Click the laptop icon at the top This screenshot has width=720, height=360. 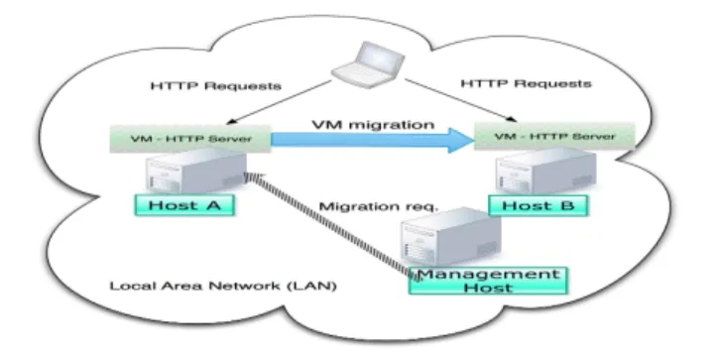368,65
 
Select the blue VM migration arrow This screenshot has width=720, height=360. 372,140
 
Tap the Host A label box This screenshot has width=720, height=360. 184,205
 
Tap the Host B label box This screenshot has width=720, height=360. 538,205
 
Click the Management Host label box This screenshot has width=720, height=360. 488,281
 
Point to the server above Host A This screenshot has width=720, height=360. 196,171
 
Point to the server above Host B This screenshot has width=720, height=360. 546,171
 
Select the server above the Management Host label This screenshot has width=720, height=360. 451,237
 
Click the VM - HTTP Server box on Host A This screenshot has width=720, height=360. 190,138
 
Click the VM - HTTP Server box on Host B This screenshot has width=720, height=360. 554,137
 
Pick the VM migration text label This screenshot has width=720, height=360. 373,124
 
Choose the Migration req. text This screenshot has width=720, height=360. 379,206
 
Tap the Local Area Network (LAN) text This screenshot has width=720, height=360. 223,286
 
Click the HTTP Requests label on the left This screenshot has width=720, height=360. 216,86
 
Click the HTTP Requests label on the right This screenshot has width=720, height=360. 526,83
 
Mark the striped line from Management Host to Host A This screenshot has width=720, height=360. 331,226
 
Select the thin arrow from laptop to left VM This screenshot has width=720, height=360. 279,102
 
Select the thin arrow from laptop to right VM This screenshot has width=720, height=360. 460,100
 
